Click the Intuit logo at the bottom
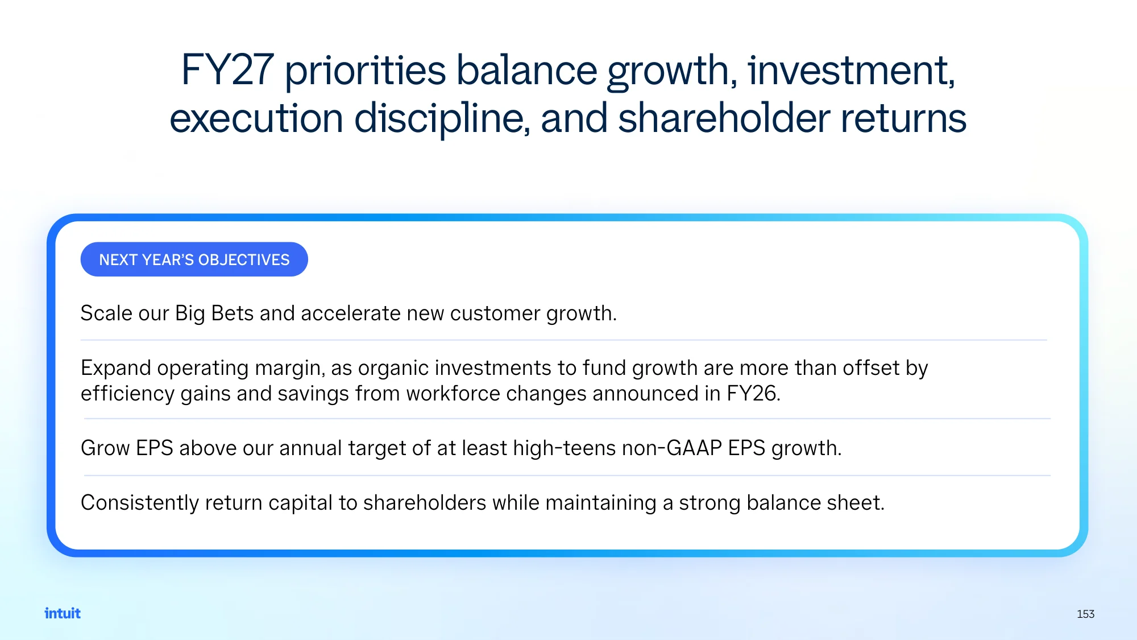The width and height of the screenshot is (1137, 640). (63, 613)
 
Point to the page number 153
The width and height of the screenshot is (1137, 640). (1085, 614)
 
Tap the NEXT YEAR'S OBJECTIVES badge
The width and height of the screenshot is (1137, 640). (194, 259)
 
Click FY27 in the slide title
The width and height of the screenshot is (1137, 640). (227, 70)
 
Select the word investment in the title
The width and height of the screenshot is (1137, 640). (852, 70)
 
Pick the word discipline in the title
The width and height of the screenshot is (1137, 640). (442, 119)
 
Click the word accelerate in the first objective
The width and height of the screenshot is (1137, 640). (351, 313)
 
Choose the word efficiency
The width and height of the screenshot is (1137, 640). (127, 394)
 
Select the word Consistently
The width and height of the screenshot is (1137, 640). (140, 503)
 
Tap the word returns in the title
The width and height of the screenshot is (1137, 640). (903, 119)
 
